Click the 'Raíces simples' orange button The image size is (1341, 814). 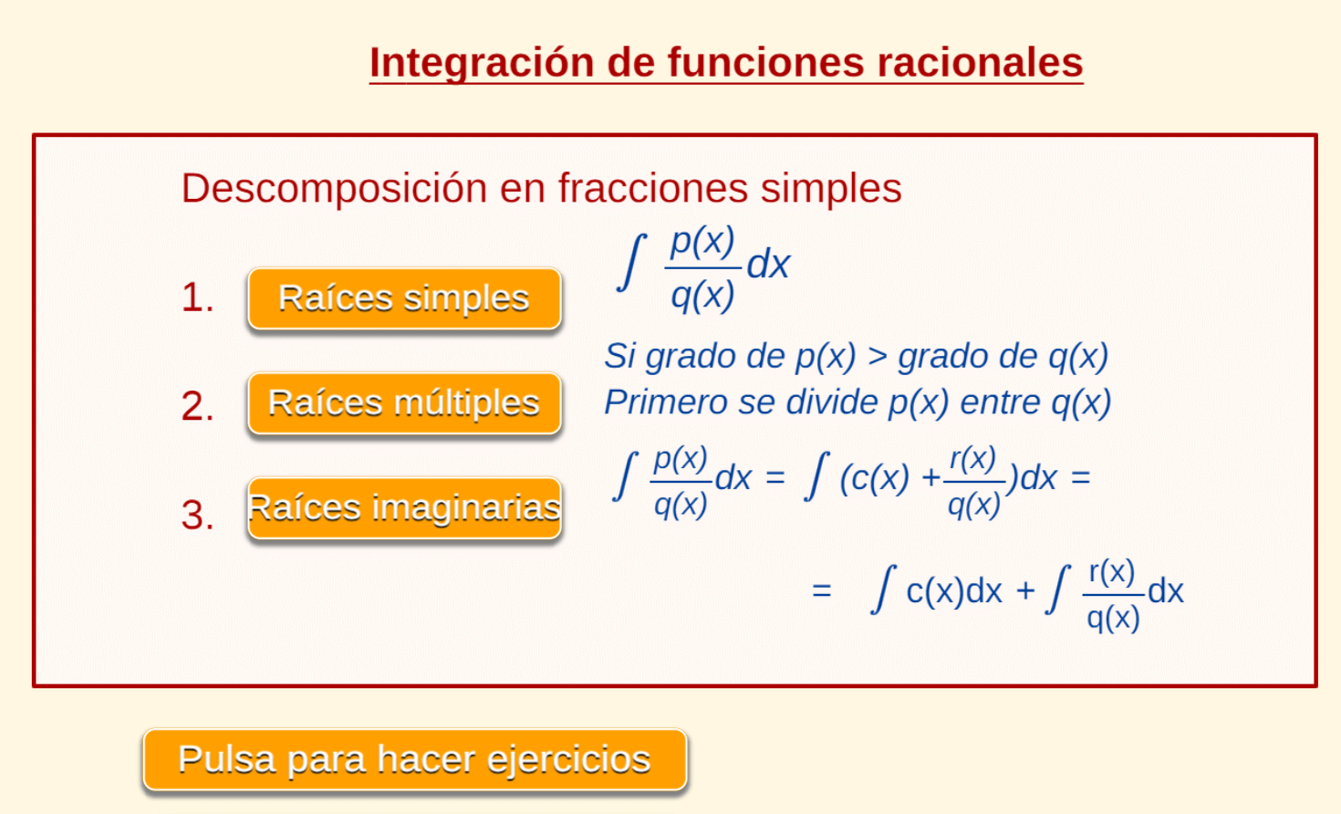click(x=405, y=298)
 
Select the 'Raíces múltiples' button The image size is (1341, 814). click(x=405, y=403)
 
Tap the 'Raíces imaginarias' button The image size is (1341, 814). click(x=405, y=508)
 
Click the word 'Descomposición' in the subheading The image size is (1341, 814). click(x=334, y=189)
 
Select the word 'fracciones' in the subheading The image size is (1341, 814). click(x=652, y=188)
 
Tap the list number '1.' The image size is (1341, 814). click(x=198, y=297)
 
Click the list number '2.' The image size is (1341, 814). click(x=198, y=406)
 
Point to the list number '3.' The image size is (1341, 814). click(x=198, y=515)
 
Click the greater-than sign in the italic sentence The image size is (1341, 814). click(x=877, y=357)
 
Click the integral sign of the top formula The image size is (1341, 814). click(x=631, y=262)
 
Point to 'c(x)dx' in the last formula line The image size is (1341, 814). click(x=954, y=591)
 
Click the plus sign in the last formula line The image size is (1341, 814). click(x=1025, y=591)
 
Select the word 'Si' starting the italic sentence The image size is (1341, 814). click(x=619, y=356)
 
